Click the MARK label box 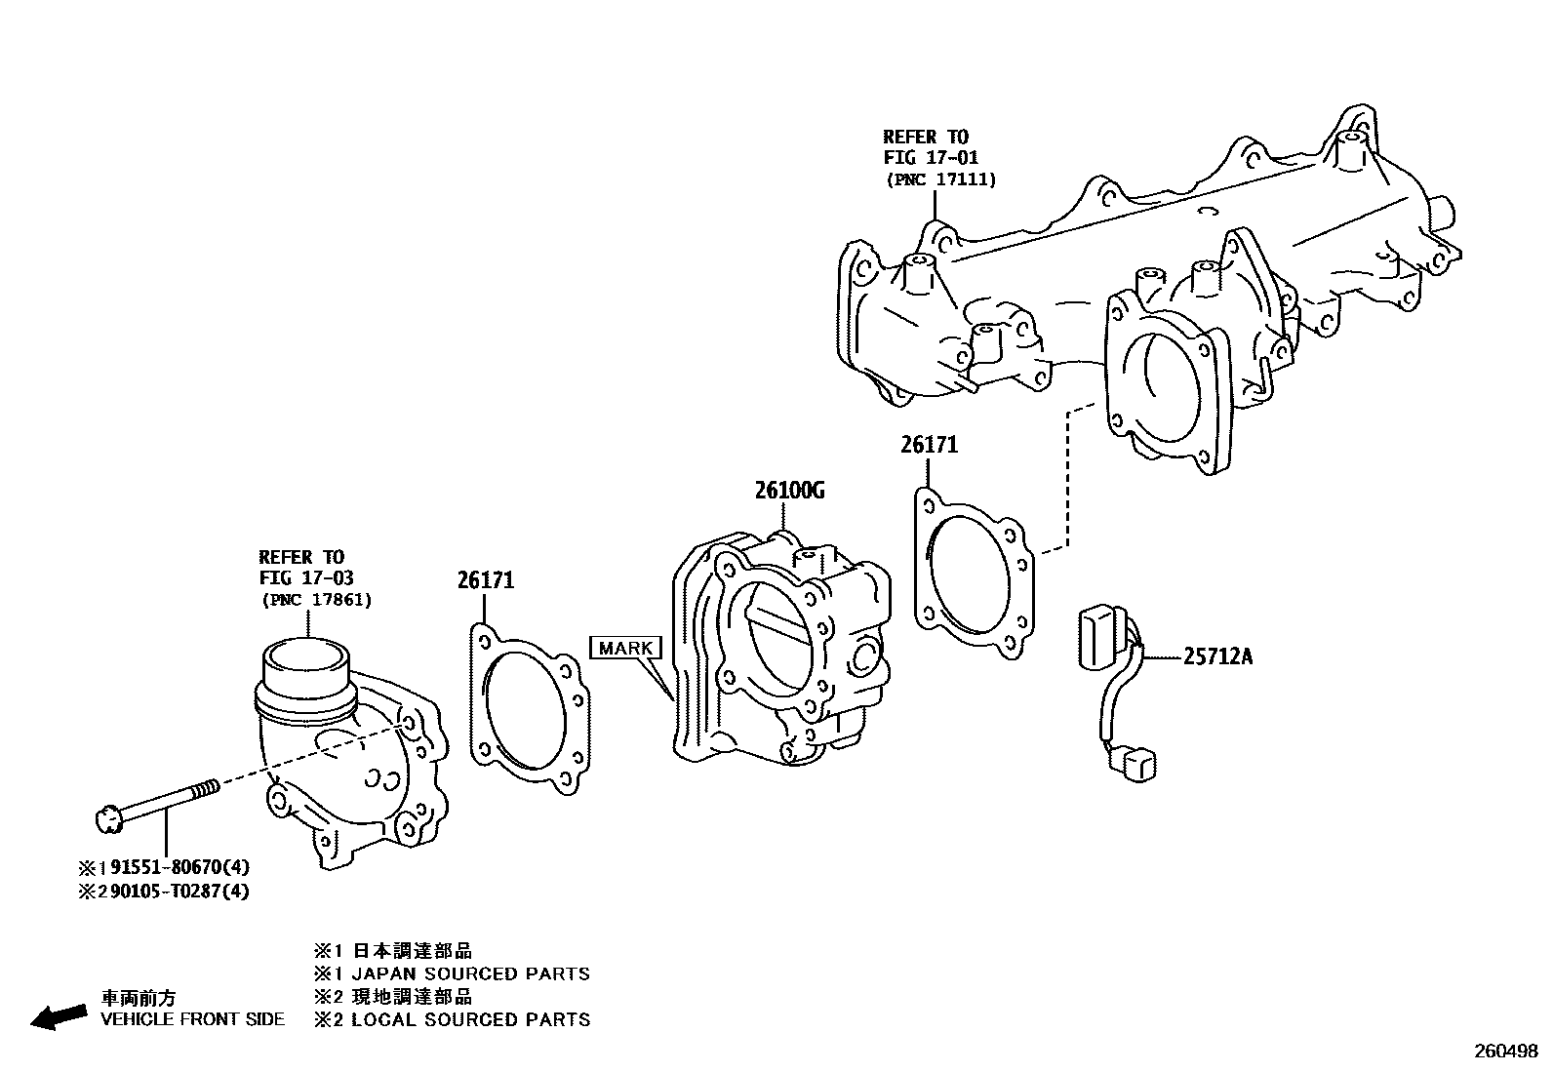click(x=625, y=648)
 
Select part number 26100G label click(x=788, y=491)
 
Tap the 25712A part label click(x=1217, y=656)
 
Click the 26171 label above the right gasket click(x=929, y=446)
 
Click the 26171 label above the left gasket click(x=485, y=580)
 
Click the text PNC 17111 click(x=940, y=179)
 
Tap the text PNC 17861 click(x=316, y=600)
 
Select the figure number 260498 click(x=1504, y=1052)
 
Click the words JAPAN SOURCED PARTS click(x=470, y=973)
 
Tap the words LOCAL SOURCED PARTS click(x=470, y=1020)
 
